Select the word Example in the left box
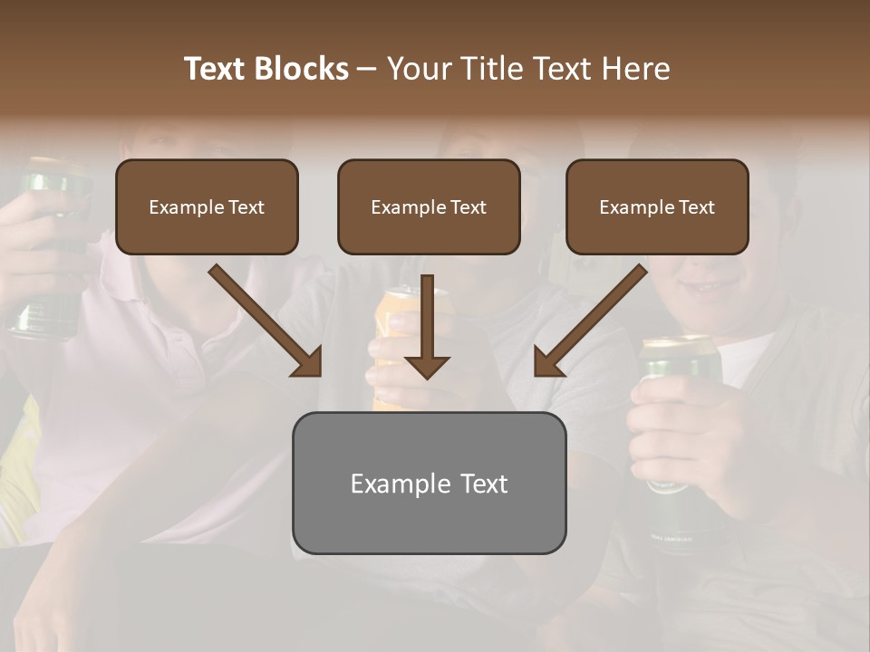pyautogui.click(x=179, y=207)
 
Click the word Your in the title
pyautogui.click(x=418, y=69)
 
